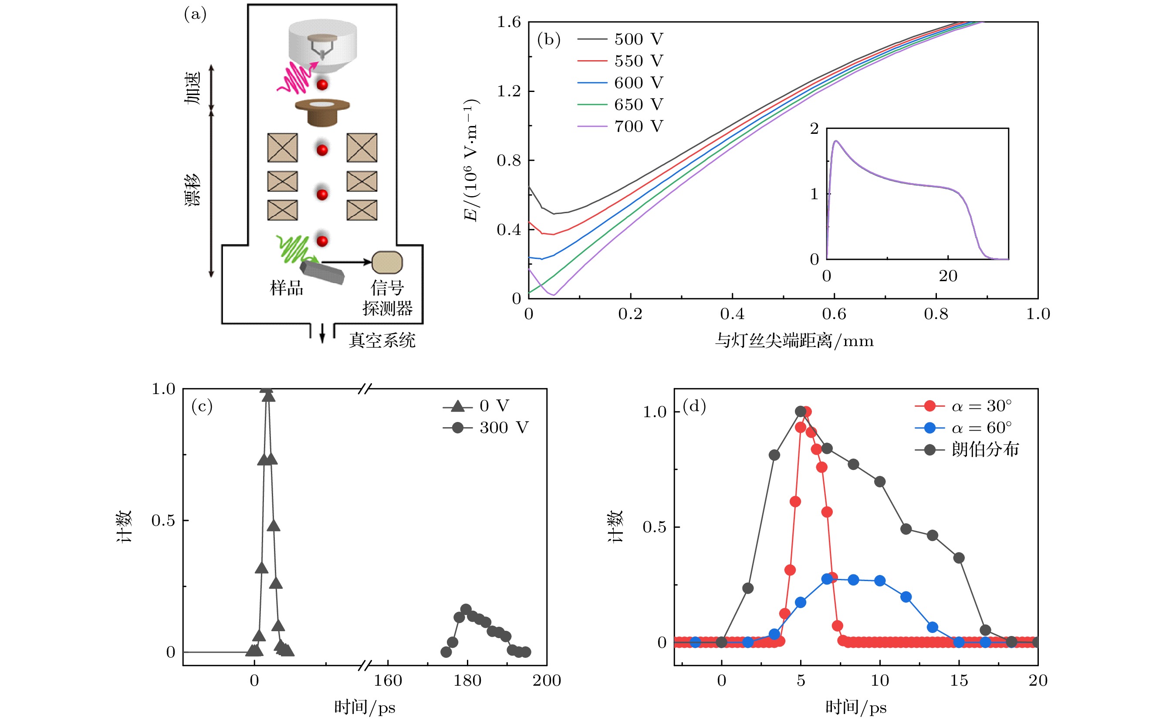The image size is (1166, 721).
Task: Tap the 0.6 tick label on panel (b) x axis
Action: coord(834,314)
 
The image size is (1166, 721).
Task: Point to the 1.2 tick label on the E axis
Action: coord(508,91)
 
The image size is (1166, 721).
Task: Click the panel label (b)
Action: coord(548,39)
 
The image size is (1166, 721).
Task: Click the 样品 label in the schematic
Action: coord(286,288)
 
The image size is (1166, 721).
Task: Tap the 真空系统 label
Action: coord(382,340)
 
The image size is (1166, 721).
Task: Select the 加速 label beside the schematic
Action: coord(193,88)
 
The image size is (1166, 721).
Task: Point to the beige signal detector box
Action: coord(387,262)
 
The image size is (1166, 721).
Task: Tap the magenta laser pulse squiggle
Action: coord(296,78)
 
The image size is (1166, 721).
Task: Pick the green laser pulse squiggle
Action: coord(293,248)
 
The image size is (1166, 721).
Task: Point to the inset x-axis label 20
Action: coord(948,276)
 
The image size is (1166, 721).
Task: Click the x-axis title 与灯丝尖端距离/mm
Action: coord(794,341)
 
